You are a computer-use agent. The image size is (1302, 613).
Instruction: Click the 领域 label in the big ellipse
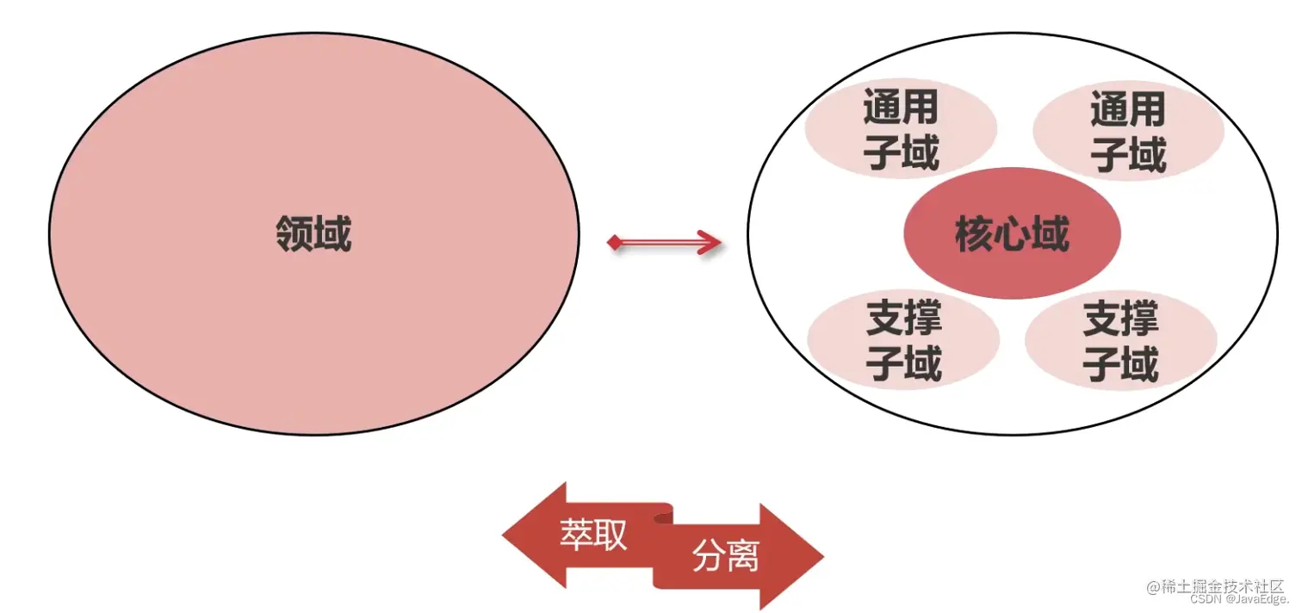313,233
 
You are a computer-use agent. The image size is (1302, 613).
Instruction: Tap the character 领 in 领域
294,233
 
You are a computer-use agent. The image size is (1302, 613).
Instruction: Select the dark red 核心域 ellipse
1012,233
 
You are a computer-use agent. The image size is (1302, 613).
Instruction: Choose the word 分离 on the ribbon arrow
725,558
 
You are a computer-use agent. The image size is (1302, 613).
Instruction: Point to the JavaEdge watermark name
1257,599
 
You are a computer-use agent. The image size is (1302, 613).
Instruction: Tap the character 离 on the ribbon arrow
742,558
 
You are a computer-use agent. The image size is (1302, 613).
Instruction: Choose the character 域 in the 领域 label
333,233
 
